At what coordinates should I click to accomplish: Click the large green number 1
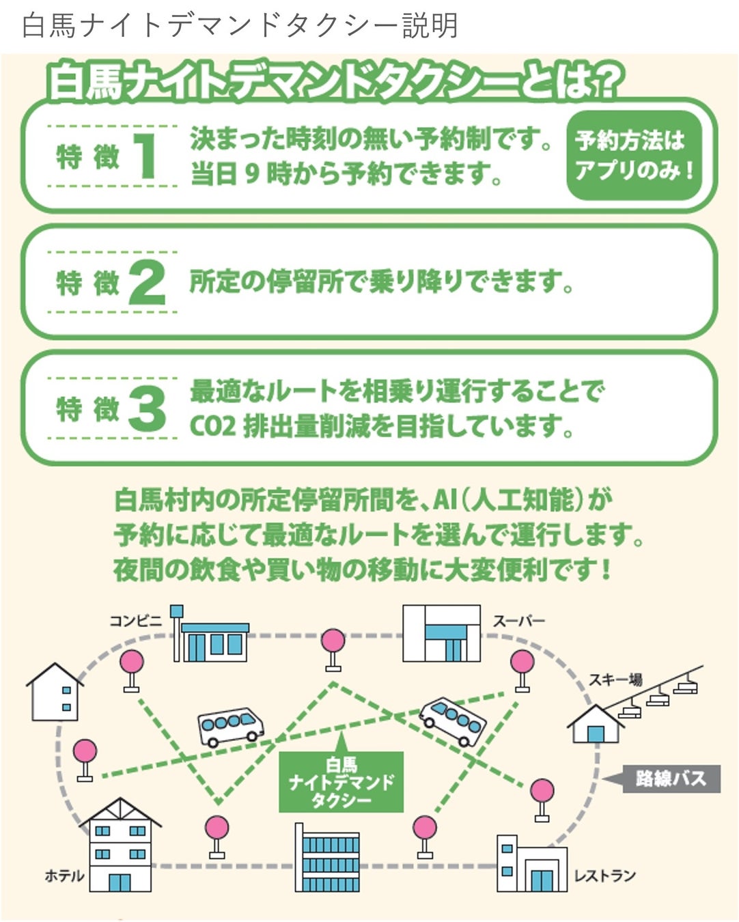tap(145, 156)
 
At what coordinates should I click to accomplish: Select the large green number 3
tap(146, 408)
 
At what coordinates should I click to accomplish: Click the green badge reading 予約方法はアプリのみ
tap(634, 155)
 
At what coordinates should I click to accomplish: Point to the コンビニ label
tap(136, 620)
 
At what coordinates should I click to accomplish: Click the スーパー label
tap(519, 621)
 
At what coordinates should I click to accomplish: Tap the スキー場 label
tap(615, 679)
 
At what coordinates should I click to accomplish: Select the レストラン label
tap(604, 876)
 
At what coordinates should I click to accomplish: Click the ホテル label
tap(64, 876)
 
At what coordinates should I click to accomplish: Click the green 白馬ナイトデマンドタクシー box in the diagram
tap(341, 783)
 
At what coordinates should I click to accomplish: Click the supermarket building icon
tap(441, 633)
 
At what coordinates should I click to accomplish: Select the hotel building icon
tap(120, 847)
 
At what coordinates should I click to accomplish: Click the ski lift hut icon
tap(596, 725)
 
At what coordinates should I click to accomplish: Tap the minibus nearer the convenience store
tap(230, 726)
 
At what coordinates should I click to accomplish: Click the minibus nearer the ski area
tap(453, 721)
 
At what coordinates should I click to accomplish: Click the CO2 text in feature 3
tap(212, 426)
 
